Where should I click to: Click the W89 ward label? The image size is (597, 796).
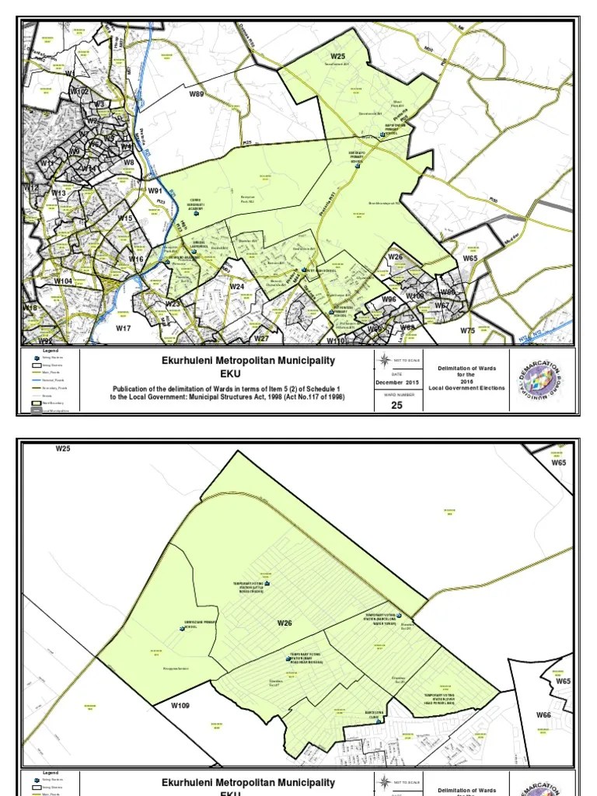pyautogui.click(x=197, y=94)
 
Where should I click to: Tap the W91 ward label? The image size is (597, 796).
pyautogui.click(x=154, y=190)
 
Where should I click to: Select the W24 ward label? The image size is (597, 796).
pyautogui.click(x=237, y=287)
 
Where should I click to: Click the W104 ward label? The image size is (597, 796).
pyautogui.click(x=63, y=281)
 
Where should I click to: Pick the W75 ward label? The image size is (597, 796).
pyautogui.click(x=467, y=330)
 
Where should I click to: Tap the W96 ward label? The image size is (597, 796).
pyautogui.click(x=389, y=299)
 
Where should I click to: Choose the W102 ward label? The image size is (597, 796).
pyautogui.click(x=80, y=91)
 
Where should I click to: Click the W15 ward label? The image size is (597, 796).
pyautogui.click(x=126, y=219)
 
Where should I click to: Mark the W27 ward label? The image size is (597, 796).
pyautogui.click(x=261, y=338)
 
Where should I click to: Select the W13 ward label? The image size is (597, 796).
pyautogui.click(x=59, y=193)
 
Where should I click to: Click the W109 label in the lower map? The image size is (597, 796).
pyautogui.click(x=180, y=706)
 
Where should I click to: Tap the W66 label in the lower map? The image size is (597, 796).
pyautogui.click(x=543, y=715)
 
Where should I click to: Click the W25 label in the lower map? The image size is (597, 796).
pyautogui.click(x=63, y=449)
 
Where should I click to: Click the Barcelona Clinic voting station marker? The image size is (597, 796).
pyautogui.click(x=379, y=721)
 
